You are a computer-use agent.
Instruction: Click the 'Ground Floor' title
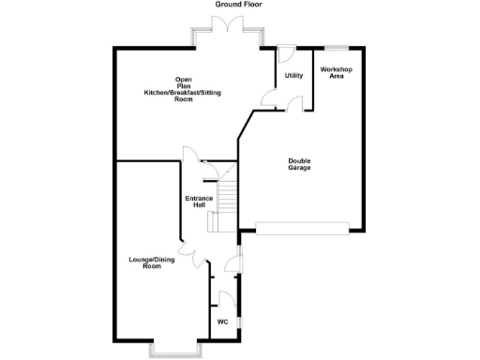(x=239, y=5)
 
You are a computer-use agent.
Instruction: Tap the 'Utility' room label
(x=293, y=75)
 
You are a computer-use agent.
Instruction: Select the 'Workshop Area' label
(x=337, y=72)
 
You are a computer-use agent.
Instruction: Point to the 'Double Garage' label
(x=299, y=165)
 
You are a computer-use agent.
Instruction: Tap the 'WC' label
(x=222, y=322)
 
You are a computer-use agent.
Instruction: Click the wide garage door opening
(x=302, y=226)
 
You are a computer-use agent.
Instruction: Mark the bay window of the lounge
(x=173, y=350)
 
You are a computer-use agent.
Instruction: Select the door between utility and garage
(x=293, y=103)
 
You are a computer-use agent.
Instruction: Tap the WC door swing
(x=225, y=299)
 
